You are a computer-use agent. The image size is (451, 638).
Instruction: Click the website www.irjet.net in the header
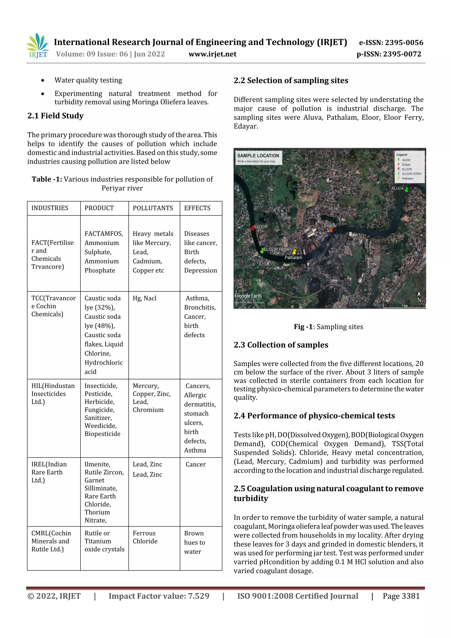212,54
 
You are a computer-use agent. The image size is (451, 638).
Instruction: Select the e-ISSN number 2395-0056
391,43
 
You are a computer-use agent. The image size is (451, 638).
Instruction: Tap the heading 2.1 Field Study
55,116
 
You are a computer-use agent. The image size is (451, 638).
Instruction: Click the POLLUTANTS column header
153,208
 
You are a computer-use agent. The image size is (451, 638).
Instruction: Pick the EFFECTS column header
197,208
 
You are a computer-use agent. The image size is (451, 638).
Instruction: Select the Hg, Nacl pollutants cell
144,298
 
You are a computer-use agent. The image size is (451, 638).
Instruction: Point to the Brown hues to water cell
194,542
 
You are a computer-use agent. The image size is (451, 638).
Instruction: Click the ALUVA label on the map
397,188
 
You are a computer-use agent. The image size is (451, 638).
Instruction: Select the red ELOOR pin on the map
253,227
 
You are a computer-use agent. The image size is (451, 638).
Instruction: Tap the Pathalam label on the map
293,258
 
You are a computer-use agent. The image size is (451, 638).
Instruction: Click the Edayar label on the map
330,226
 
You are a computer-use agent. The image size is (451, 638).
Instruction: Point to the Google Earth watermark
248,296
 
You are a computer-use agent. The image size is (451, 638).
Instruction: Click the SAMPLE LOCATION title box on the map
258,157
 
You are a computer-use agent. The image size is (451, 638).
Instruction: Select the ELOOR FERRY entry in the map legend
411,174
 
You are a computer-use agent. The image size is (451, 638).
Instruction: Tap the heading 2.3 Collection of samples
281,345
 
